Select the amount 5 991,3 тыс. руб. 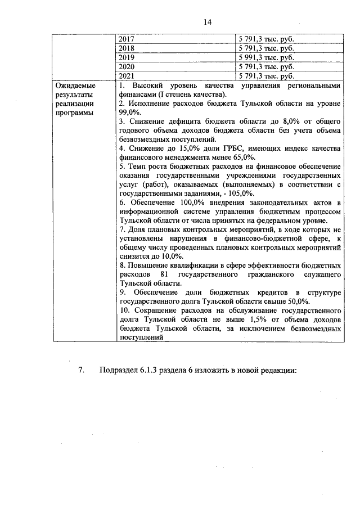pos(267,57)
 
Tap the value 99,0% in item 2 pos(130,112)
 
